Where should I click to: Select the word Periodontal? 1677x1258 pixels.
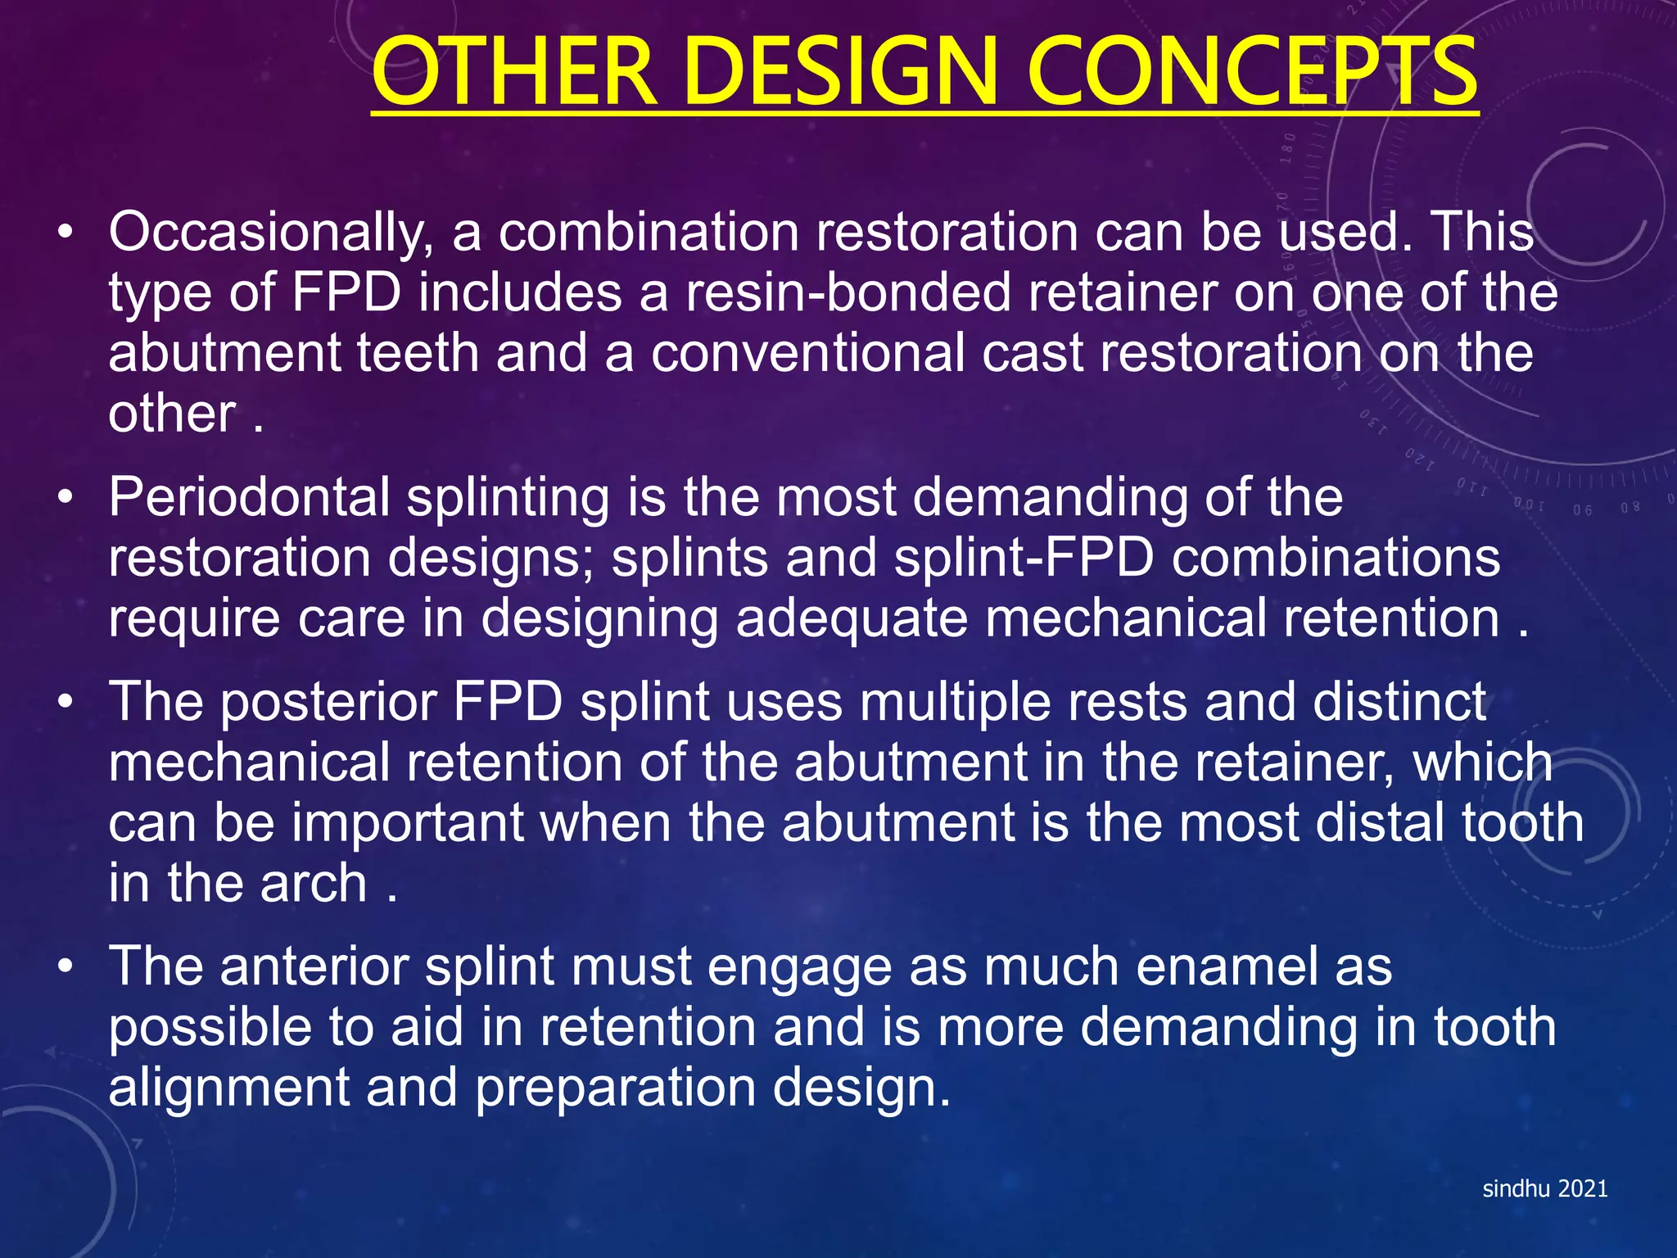pos(249,497)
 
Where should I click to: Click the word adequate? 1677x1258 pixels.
pos(852,618)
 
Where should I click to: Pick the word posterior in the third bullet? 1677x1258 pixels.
pos(328,702)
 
